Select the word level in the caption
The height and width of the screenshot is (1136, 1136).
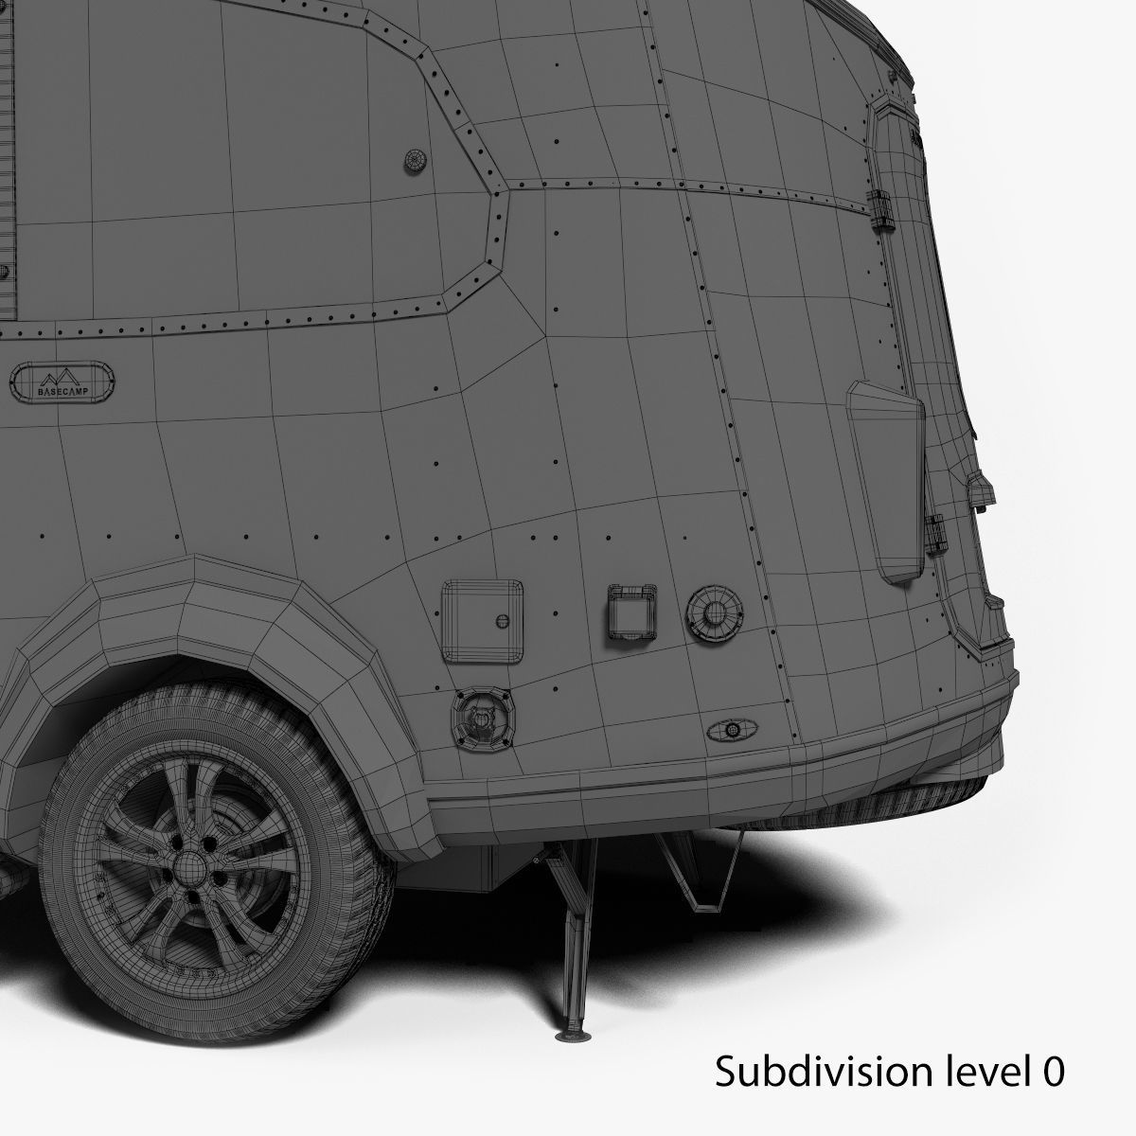(x=972, y=1073)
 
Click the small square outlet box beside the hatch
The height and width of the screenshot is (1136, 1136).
(x=627, y=615)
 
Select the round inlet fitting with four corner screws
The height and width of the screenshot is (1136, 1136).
(x=480, y=719)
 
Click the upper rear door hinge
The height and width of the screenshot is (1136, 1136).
(x=884, y=207)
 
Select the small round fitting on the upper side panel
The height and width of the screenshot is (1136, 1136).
(x=414, y=161)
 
